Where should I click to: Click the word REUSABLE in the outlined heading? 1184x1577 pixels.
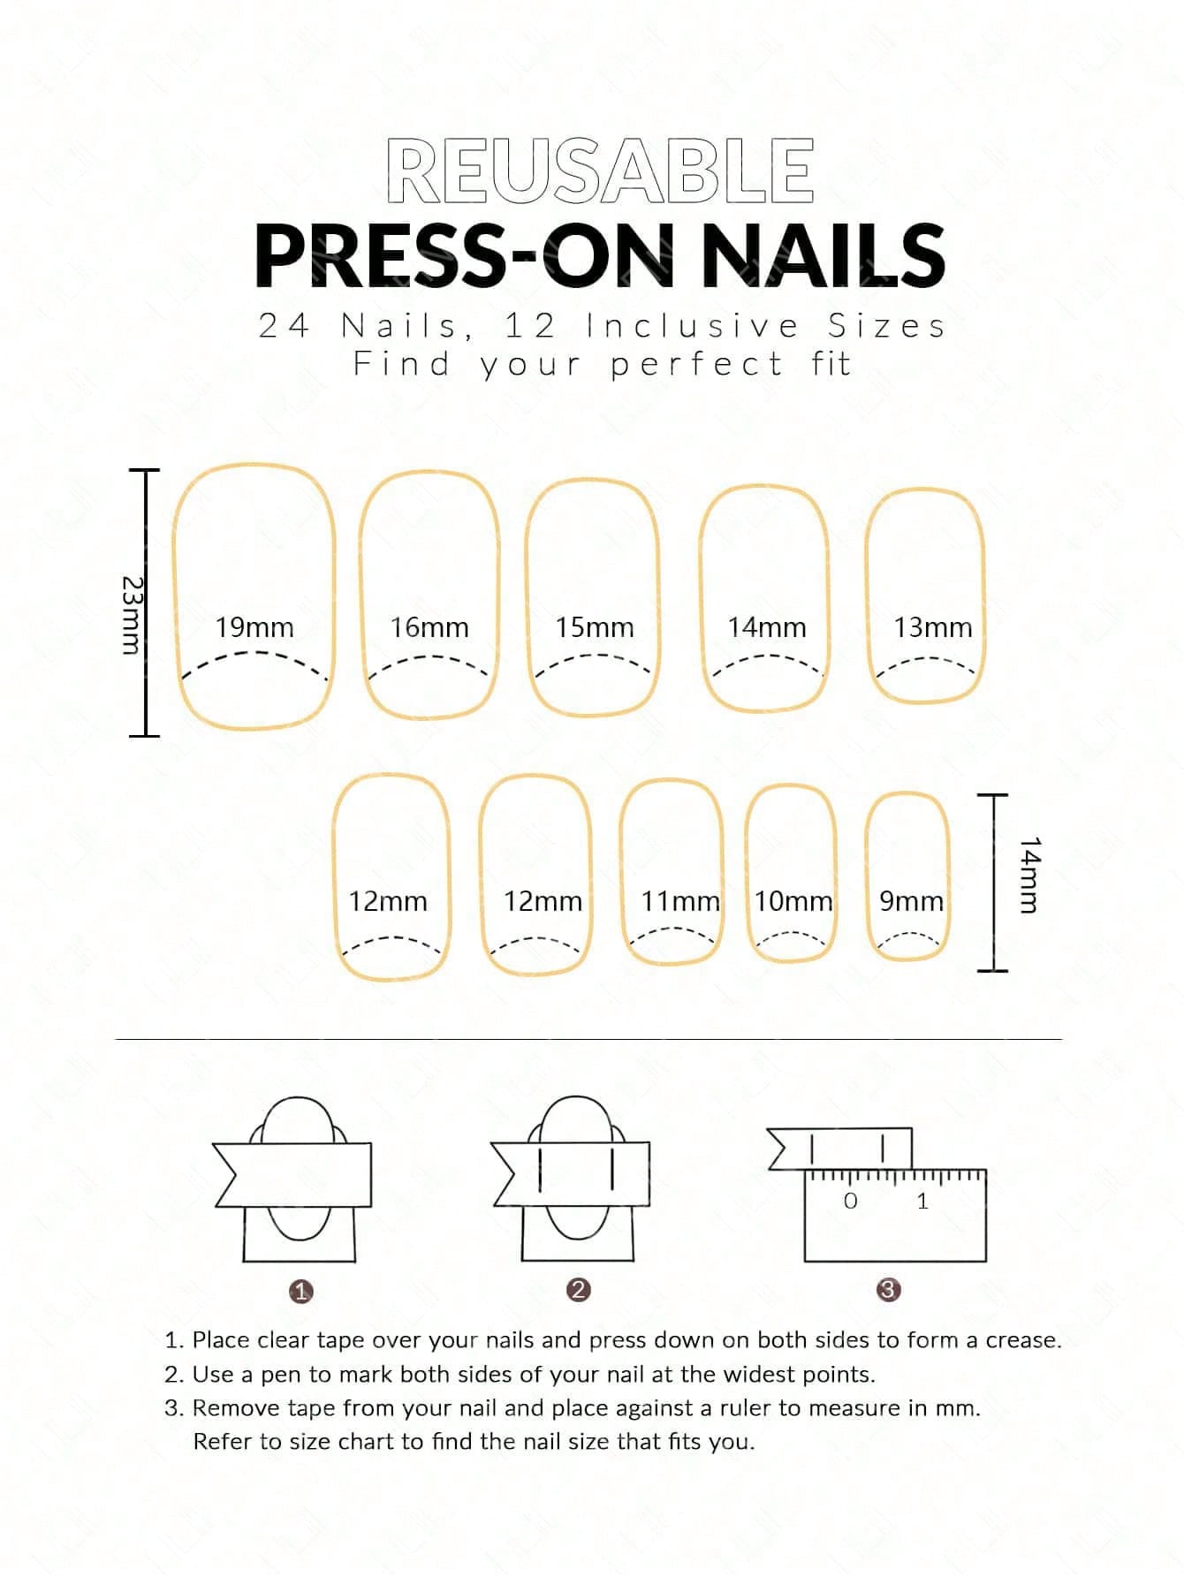(x=600, y=171)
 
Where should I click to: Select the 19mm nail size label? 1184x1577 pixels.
(x=254, y=627)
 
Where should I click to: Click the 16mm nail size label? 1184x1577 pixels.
(x=429, y=627)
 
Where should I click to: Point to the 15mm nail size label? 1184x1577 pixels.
(x=595, y=627)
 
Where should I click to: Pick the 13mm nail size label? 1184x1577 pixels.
(x=932, y=627)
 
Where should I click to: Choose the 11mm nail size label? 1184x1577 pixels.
(x=680, y=901)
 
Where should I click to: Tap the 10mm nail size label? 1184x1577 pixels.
(x=793, y=901)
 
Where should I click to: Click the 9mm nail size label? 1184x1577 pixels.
(x=911, y=901)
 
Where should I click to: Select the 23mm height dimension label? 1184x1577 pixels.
(x=131, y=616)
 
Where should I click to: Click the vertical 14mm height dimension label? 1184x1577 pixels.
(x=1030, y=875)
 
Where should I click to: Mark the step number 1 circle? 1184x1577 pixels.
(x=301, y=1292)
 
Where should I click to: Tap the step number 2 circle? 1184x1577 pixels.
(x=579, y=1290)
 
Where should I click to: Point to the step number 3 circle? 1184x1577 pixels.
(x=888, y=1290)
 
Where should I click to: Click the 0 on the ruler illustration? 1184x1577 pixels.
(x=851, y=1201)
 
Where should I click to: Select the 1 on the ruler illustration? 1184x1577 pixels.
(x=922, y=1201)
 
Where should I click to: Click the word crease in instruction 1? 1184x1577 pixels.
(x=1021, y=1340)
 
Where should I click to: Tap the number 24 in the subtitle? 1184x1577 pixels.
(x=285, y=326)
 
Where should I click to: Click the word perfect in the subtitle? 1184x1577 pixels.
(x=696, y=364)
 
